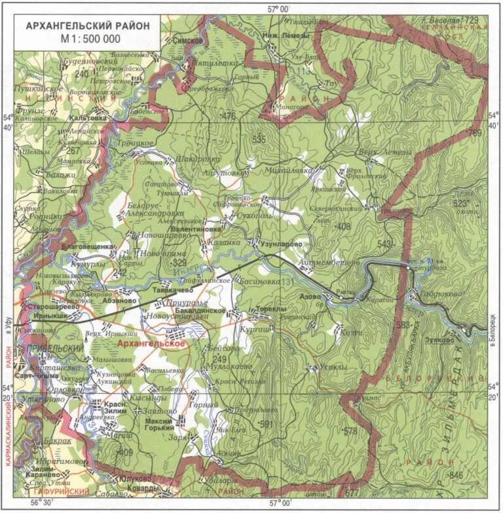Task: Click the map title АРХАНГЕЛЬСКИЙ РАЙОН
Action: tap(87, 26)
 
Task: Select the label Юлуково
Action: tap(138, 478)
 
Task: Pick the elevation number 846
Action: tap(456, 475)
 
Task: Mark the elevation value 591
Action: tap(267, 424)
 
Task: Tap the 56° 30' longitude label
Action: tap(40, 503)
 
